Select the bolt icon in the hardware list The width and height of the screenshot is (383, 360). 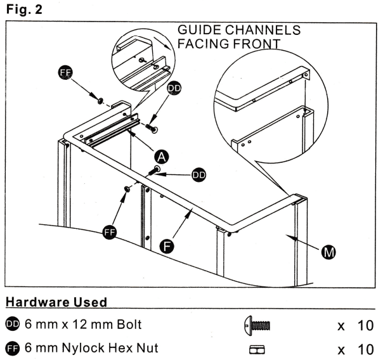point(256,326)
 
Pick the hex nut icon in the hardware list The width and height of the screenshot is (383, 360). point(256,348)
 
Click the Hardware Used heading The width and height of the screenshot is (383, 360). point(55,302)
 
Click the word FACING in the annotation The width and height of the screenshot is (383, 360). point(200,44)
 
